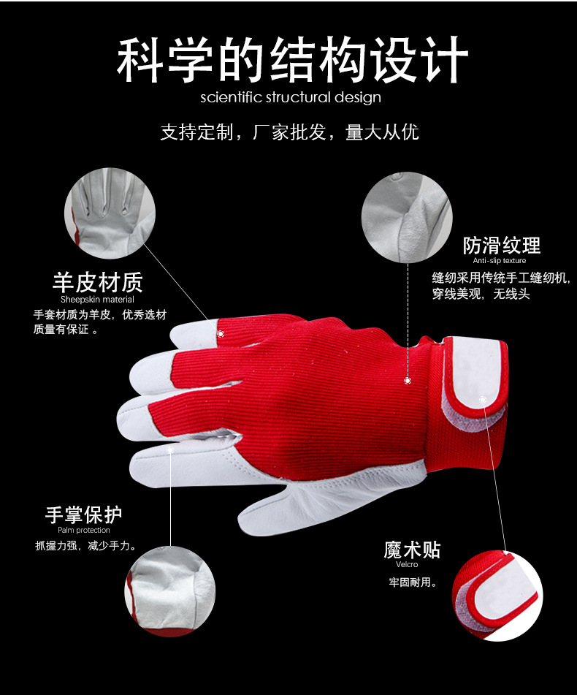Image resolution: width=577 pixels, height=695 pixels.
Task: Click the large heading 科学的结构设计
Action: click(292, 60)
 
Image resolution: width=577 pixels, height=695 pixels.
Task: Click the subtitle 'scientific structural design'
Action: click(291, 97)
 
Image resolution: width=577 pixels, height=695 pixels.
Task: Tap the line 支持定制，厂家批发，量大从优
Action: click(290, 132)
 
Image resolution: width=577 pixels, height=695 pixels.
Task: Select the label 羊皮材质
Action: click(97, 282)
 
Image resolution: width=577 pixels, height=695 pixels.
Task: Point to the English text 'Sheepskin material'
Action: click(97, 300)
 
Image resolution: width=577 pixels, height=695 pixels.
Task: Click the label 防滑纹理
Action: click(502, 245)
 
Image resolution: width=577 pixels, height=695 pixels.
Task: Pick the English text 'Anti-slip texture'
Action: click(500, 261)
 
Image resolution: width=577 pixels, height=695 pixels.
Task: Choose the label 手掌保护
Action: click(83, 514)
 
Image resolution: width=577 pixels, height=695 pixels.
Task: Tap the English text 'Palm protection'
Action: click(84, 531)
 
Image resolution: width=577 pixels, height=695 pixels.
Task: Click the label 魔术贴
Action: click(413, 549)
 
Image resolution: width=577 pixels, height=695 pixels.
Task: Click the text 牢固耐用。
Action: click(413, 582)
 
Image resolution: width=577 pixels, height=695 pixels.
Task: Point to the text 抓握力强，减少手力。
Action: click(86, 545)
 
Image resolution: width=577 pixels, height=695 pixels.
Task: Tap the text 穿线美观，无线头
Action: click(481, 295)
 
